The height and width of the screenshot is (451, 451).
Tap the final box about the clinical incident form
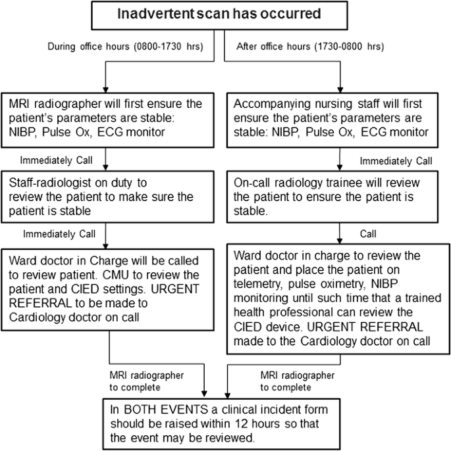225,420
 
